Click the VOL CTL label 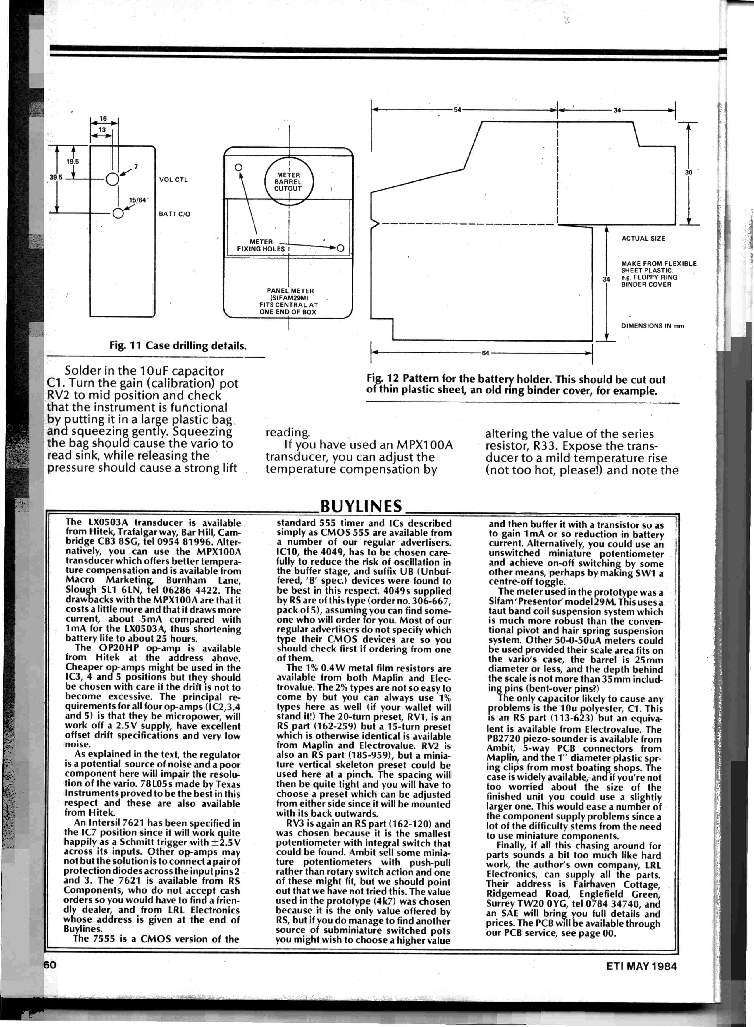point(173,179)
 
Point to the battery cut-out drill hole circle point(118,213)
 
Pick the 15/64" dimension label point(139,200)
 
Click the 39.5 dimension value point(56,177)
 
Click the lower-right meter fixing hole point(340,248)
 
